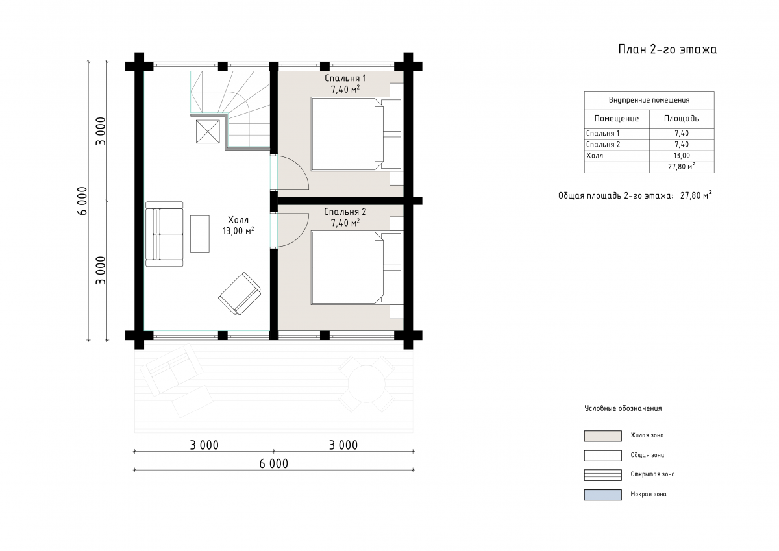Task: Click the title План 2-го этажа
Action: pos(667,49)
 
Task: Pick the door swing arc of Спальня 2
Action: pos(301,235)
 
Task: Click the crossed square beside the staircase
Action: pos(208,131)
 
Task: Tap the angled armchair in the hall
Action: pos(240,293)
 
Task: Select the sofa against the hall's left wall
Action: pos(164,234)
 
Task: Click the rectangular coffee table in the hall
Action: pos(200,234)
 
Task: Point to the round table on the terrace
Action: pos(367,384)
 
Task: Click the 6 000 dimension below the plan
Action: pos(274,464)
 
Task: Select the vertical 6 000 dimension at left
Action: pos(82,201)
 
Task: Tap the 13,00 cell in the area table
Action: pos(681,156)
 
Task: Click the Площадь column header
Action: pos(681,119)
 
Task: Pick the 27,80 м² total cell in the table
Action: pos(681,167)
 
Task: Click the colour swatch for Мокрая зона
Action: pos(602,495)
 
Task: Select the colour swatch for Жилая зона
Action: pos(602,436)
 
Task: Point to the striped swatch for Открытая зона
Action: pos(602,475)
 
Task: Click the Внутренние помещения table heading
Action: pos(649,100)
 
